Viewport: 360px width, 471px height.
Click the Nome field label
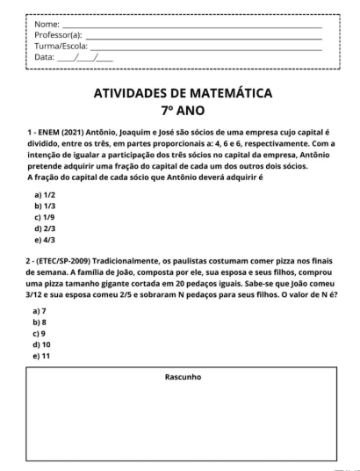click(47, 24)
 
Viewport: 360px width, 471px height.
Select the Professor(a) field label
click(58, 34)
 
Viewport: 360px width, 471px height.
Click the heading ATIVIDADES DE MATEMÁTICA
click(183, 92)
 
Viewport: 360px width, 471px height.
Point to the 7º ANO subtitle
click(183, 112)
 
